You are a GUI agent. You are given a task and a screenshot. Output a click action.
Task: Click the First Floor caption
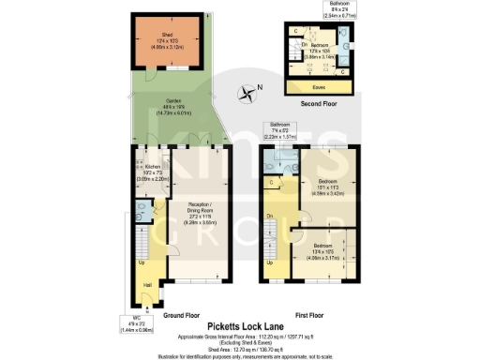tap(308, 317)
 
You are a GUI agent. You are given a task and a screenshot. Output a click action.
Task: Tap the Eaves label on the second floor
tap(319, 86)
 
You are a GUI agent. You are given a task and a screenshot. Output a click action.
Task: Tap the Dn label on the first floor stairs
tap(269, 216)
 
